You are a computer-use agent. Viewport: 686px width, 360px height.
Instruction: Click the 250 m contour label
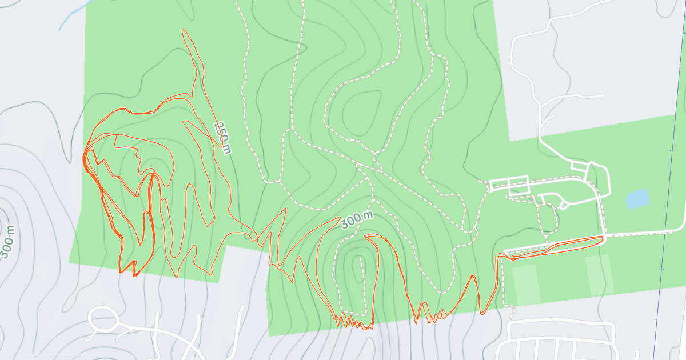point(223,137)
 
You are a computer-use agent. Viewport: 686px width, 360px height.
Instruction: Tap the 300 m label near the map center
point(358,220)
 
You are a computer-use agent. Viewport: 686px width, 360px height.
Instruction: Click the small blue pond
point(637,198)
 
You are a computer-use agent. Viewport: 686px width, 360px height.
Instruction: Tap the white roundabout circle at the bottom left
point(103,318)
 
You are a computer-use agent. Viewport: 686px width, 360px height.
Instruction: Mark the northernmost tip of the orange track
point(184,30)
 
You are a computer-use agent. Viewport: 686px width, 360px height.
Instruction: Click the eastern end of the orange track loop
point(602,238)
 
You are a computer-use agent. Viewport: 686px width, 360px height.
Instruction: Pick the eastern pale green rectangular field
point(599,274)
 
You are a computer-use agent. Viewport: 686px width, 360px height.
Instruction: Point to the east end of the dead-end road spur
point(603,95)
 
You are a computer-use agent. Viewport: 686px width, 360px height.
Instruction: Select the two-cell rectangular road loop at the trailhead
point(509,185)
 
